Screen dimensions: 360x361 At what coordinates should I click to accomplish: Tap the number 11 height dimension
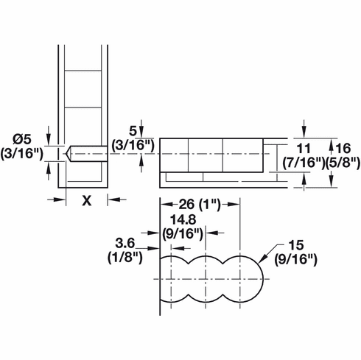tap(303, 146)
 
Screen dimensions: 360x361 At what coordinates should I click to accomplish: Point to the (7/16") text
tap(303, 160)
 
